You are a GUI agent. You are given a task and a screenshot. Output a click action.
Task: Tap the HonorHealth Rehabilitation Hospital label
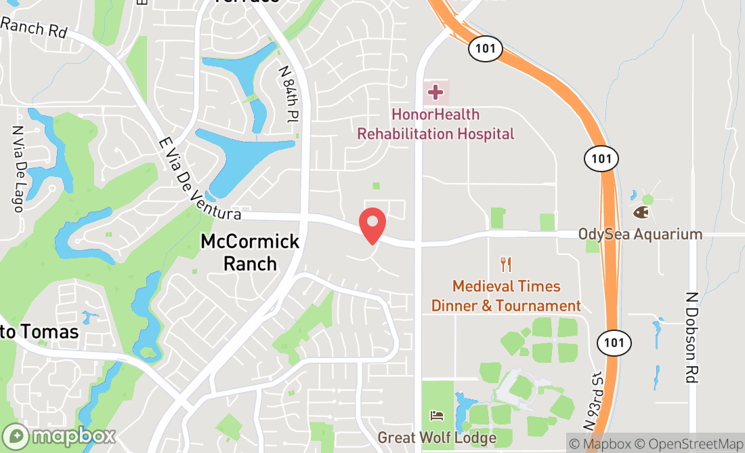pyautogui.click(x=435, y=125)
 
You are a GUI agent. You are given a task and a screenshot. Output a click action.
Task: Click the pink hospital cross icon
pyautogui.click(x=435, y=92)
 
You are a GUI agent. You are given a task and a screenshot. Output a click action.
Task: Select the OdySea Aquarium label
pyautogui.click(x=640, y=234)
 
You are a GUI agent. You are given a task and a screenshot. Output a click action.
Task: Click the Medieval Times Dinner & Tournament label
pyautogui.click(x=506, y=296)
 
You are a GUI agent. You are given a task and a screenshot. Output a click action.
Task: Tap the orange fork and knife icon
pyautogui.click(x=505, y=264)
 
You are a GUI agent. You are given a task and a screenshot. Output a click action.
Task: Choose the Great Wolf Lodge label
pyautogui.click(x=437, y=437)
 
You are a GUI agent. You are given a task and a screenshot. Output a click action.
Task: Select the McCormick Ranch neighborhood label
pyautogui.click(x=250, y=252)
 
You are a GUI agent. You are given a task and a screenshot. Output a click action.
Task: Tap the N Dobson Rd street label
pyautogui.click(x=691, y=337)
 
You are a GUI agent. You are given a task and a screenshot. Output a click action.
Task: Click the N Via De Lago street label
pyautogui.click(x=18, y=168)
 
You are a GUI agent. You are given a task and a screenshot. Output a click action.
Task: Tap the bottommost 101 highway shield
pyautogui.click(x=614, y=342)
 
